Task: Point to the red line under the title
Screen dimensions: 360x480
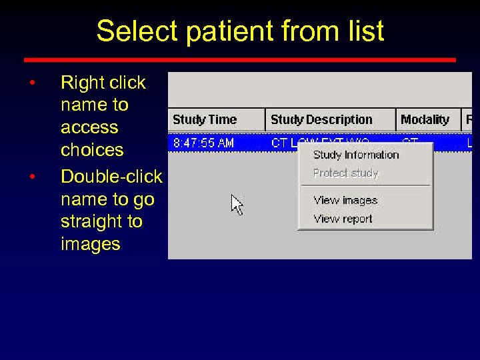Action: pos(240,60)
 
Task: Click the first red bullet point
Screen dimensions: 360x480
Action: pos(31,83)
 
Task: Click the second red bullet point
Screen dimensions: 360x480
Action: pos(31,177)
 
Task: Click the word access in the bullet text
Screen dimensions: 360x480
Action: pos(89,127)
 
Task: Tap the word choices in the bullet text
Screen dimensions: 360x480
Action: pos(92,150)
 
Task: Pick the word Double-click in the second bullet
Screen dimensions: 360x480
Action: pos(111,176)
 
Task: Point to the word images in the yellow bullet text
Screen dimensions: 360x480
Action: pos(90,244)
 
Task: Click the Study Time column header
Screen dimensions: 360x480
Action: pos(205,120)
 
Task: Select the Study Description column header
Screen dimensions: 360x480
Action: pos(321,120)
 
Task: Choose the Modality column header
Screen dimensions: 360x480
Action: pos(425,120)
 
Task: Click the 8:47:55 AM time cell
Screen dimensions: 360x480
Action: pos(203,143)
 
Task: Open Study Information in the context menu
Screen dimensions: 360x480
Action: pos(356,155)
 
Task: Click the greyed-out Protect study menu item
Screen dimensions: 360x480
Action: pos(345,173)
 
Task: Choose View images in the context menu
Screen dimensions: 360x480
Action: pos(345,200)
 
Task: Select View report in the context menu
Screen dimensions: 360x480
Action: pos(343,219)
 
